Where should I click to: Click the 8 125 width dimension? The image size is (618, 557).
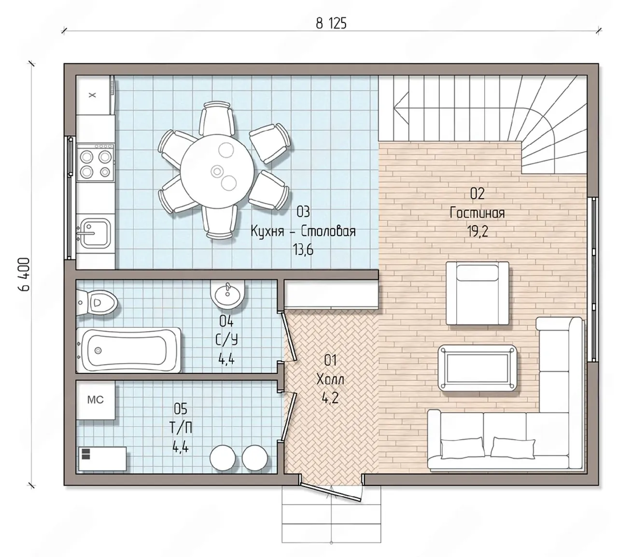[331, 24]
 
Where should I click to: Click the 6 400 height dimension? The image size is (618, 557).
[24, 274]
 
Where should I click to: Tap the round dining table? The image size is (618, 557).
[218, 170]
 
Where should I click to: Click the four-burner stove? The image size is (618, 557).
[95, 162]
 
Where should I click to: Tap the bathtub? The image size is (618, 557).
[128, 350]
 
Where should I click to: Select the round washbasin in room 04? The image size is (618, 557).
[228, 294]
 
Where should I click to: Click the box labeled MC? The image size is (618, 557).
[96, 400]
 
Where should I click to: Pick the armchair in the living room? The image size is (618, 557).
[477, 293]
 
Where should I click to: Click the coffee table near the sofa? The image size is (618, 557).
[477, 368]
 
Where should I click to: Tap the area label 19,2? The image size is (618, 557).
[478, 231]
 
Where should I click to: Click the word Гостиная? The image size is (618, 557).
[477, 213]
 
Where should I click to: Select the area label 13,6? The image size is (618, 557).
[303, 249]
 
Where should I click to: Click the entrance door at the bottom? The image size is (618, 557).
[331, 493]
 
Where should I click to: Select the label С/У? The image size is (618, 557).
[226, 340]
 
